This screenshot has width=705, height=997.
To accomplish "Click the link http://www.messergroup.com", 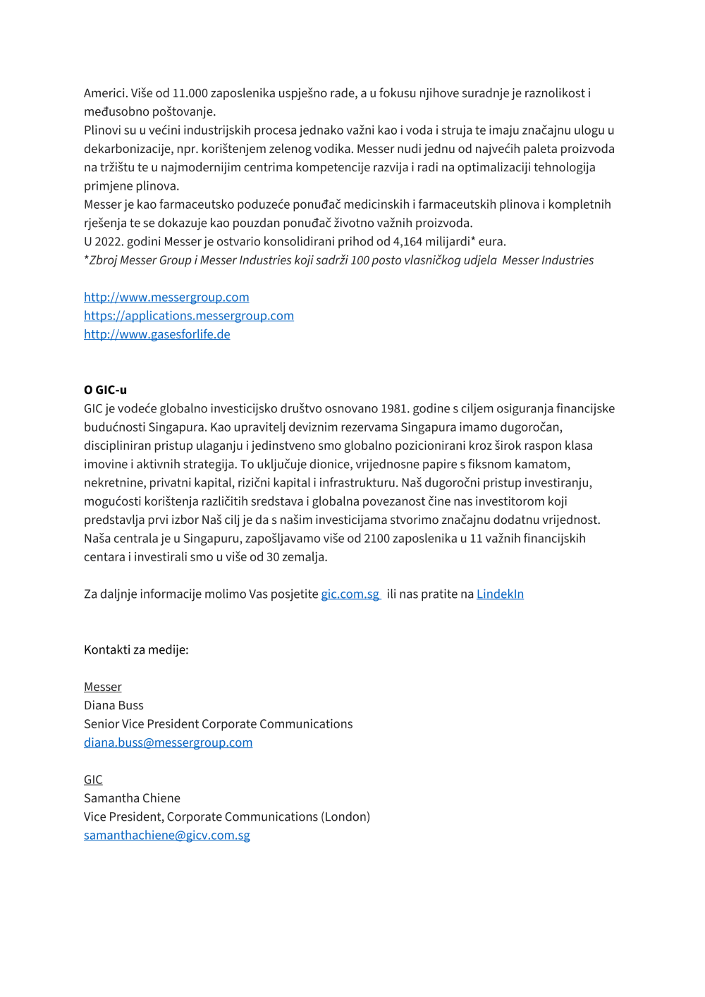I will (166, 298).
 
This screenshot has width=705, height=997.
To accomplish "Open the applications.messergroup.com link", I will (189, 316).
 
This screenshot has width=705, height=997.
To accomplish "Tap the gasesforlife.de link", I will (157, 334).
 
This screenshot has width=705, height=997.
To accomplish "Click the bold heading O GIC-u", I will (105, 390).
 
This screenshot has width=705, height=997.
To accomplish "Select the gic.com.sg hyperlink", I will (350, 594).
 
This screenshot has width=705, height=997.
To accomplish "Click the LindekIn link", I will (500, 594).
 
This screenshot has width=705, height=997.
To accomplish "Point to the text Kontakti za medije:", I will (136, 650).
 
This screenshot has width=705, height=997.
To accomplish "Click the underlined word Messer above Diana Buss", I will (103, 687).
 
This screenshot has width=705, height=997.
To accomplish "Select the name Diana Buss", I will (114, 706).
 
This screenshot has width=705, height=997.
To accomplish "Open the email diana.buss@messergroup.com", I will (168, 742).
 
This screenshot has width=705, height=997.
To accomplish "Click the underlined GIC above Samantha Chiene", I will (93, 780).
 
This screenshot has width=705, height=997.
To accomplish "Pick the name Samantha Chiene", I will (132, 798).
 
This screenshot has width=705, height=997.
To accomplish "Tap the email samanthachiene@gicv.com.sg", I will (167, 836).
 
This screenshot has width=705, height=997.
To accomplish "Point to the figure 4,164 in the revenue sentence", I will (407, 242).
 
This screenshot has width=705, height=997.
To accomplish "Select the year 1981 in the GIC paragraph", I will (394, 409).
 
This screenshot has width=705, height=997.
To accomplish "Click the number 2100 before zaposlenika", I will (376, 539).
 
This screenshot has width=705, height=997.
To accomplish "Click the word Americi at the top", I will (105, 94).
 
